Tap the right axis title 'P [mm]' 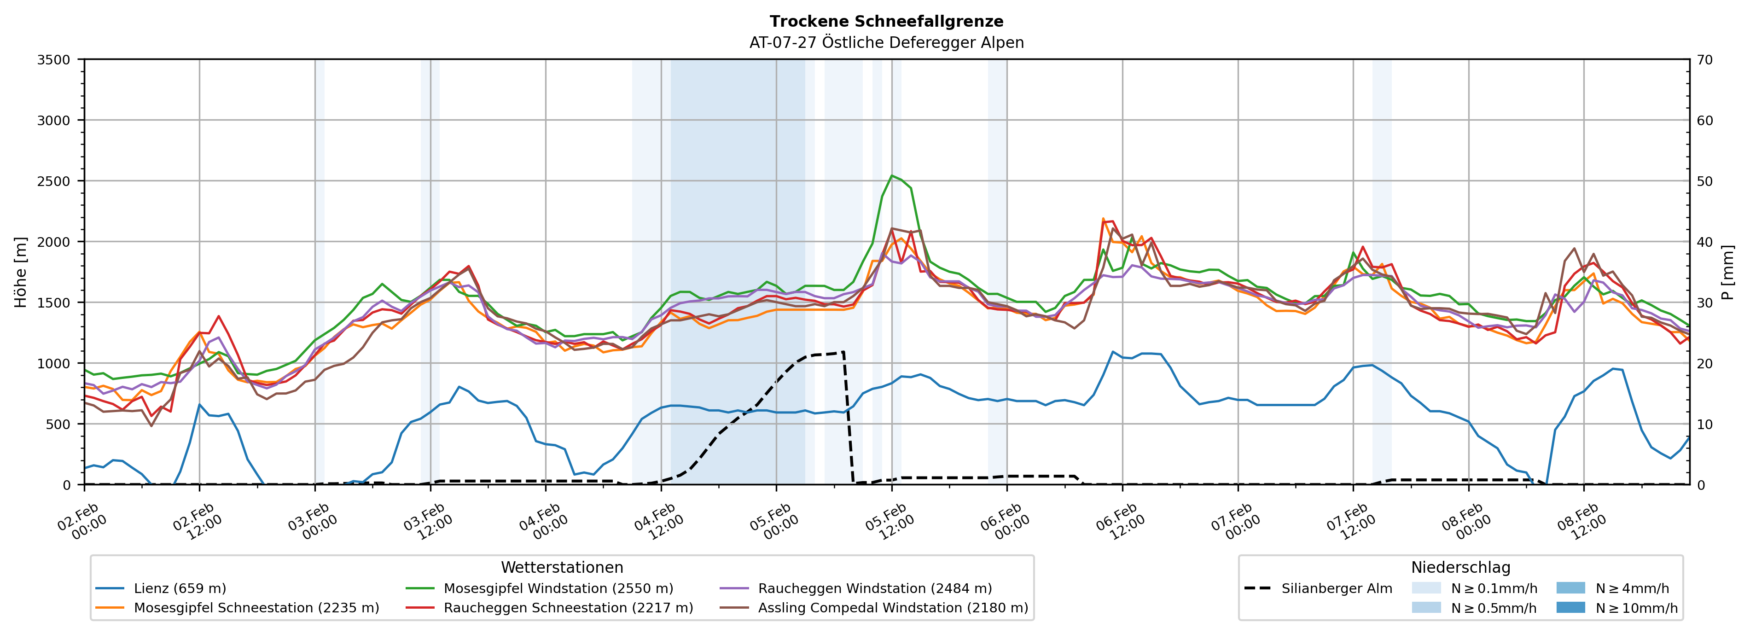1727,272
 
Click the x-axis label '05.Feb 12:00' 889,522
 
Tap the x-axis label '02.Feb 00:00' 82,522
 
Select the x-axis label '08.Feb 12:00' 1581,522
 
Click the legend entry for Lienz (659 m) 180,588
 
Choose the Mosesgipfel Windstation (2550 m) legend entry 558,588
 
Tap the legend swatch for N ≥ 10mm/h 1570,607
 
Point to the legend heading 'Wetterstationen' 562,567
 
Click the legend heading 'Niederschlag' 1460,567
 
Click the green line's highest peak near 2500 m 891,175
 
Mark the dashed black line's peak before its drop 843,352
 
